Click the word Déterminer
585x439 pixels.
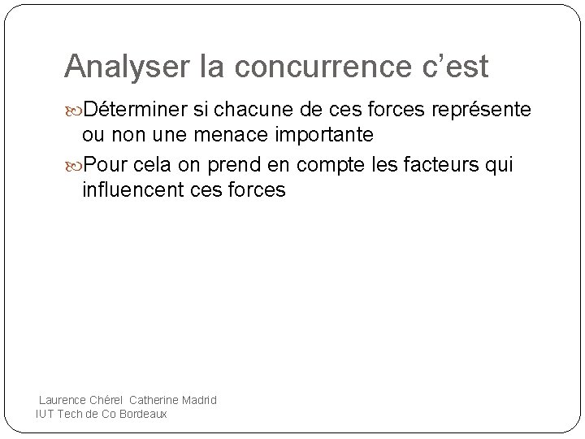point(141,109)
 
